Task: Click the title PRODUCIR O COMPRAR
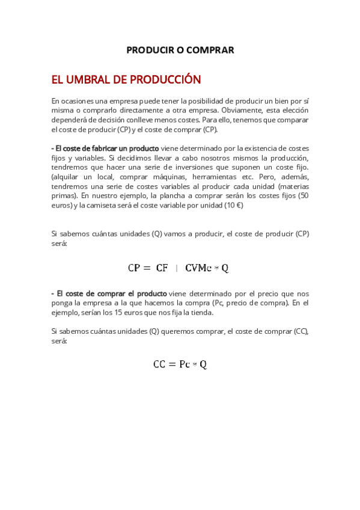tap(180, 50)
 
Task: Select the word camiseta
tap(100, 205)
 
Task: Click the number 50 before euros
tap(304, 195)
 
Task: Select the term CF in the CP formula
tap(162, 268)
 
